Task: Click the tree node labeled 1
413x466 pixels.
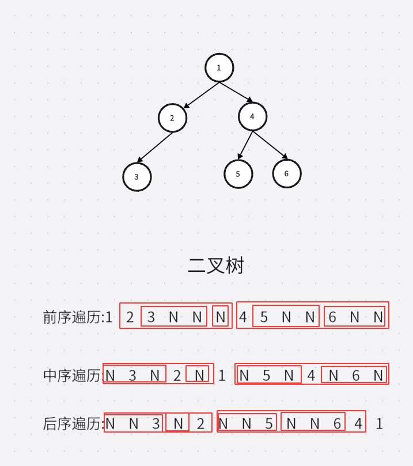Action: click(x=219, y=68)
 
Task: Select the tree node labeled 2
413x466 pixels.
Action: click(x=172, y=118)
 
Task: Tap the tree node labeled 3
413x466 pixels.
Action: click(x=137, y=177)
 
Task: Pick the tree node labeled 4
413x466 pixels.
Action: click(x=252, y=117)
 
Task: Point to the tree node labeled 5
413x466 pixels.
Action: click(x=238, y=174)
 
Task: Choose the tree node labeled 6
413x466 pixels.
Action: click(x=286, y=173)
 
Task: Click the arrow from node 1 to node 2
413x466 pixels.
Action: click(x=201, y=95)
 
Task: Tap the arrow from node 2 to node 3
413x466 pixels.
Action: click(x=155, y=147)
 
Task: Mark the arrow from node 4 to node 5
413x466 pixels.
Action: click(x=246, y=145)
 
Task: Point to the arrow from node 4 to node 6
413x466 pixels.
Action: click(x=270, y=145)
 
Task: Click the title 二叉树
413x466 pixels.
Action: click(x=216, y=266)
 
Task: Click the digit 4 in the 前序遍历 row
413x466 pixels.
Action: click(x=243, y=317)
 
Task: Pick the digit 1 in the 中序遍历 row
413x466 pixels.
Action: click(x=222, y=376)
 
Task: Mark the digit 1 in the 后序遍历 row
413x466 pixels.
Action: click(x=379, y=424)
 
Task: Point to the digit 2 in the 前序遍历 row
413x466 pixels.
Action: click(x=130, y=317)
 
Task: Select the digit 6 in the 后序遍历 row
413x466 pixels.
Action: click(x=337, y=424)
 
